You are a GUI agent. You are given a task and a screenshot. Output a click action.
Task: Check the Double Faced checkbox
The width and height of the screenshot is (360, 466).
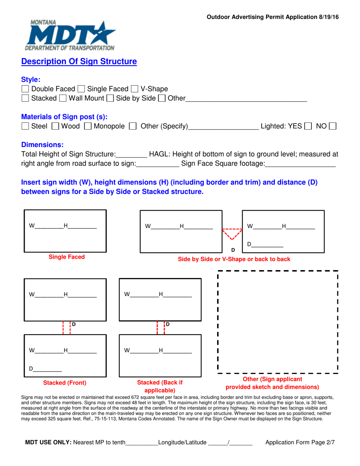click(x=25, y=89)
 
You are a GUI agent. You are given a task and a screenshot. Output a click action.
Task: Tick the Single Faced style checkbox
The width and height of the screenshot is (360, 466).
click(x=81, y=89)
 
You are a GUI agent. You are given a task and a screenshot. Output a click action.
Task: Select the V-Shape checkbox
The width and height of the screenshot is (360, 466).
click(x=135, y=89)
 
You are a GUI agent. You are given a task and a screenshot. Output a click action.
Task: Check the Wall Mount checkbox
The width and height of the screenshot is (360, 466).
click(x=63, y=99)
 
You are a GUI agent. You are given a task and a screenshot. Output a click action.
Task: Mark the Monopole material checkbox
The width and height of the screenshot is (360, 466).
click(x=88, y=126)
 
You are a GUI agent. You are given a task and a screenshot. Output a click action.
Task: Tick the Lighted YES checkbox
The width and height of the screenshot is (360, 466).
click(x=308, y=126)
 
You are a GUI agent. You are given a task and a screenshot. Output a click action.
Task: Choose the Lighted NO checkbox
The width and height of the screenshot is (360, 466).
click(x=333, y=126)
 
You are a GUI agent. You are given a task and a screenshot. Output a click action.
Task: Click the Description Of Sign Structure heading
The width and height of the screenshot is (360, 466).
click(x=79, y=61)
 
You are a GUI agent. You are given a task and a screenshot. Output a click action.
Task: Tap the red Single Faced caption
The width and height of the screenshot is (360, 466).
click(x=67, y=257)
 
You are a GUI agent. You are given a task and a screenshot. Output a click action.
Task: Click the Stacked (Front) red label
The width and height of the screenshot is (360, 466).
click(x=65, y=383)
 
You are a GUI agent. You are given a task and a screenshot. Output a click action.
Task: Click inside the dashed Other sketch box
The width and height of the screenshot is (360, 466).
click(x=278, y=322)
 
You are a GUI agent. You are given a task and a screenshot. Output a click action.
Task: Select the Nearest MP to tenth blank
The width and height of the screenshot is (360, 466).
click(x=142, y=443)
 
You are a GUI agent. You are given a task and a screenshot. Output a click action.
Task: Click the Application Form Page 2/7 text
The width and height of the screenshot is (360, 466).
click(x=300, y=442)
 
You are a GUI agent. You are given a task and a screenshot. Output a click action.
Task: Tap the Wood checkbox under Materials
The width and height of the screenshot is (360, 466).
click(x=55, y=126)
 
